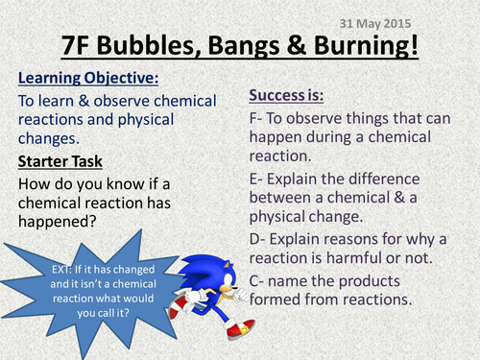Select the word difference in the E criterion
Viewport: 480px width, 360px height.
click(x=409, y=180)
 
